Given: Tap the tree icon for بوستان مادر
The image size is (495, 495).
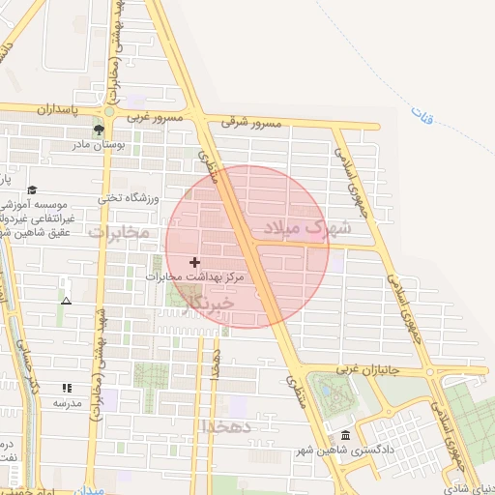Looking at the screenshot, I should [98, 129].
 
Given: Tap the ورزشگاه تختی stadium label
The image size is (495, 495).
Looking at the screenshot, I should [125, 198].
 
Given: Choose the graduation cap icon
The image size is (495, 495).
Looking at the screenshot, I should [33, 190].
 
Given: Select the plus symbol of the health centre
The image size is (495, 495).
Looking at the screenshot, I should [195, 262].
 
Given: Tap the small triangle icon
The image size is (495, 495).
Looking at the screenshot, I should [66, 301].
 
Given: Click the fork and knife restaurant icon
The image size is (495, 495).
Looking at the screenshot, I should [67, 388].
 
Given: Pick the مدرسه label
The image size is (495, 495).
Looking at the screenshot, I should [66, 402].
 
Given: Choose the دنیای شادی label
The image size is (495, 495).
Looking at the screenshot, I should [469, 486].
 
